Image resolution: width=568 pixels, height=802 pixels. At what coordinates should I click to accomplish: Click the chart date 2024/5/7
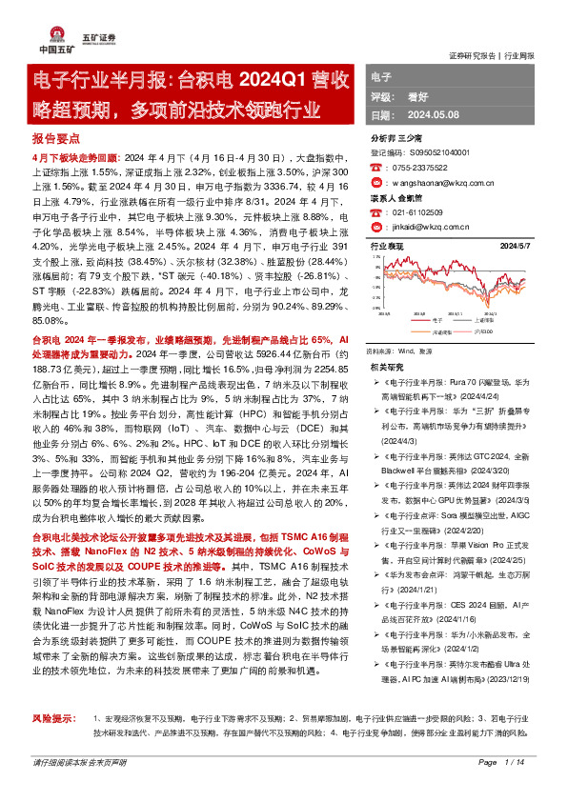click(x=531, y=246)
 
